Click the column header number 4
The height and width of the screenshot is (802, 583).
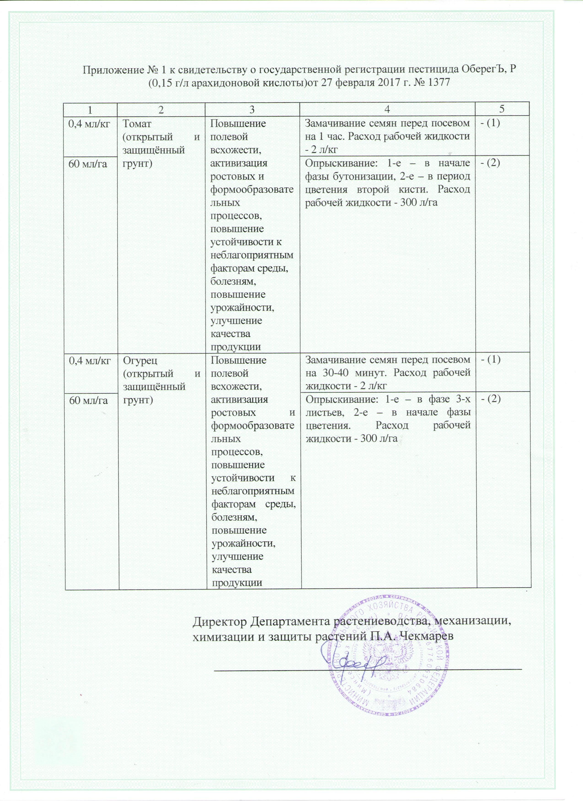tap(388, 110)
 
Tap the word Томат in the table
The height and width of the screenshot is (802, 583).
tap(136, 124)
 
